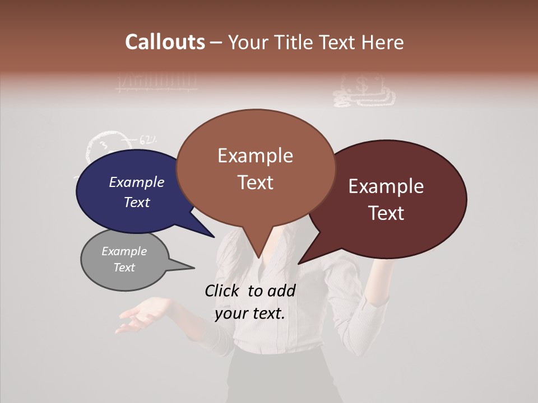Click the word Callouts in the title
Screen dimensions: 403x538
165,42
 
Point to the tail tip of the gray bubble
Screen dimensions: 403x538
193,268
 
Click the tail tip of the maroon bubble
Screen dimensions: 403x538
299,263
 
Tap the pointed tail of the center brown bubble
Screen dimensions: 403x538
258,256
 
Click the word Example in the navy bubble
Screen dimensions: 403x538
137,182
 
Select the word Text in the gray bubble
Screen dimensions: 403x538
124,268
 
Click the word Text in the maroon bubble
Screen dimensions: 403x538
387,213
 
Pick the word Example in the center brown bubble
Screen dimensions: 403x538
255,156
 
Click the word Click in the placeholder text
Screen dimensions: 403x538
222,290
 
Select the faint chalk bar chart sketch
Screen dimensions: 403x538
156,82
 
